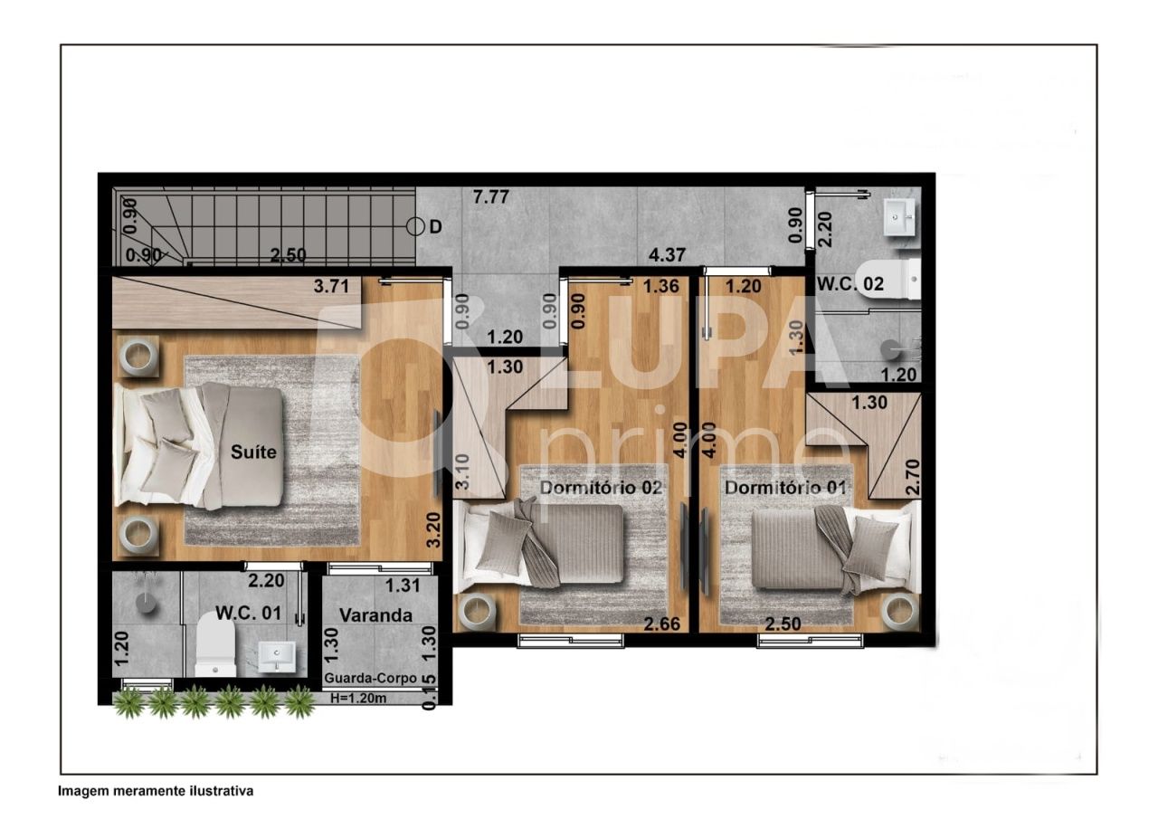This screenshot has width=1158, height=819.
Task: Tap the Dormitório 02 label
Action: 602,487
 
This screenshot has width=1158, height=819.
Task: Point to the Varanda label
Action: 375,615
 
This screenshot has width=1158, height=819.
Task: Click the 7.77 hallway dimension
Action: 492,195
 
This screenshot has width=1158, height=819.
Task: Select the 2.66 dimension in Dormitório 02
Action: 661,623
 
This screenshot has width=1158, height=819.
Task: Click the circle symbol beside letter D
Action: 415,226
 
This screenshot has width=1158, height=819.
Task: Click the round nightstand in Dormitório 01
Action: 899,612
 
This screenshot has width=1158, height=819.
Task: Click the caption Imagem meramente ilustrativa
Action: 156,791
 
